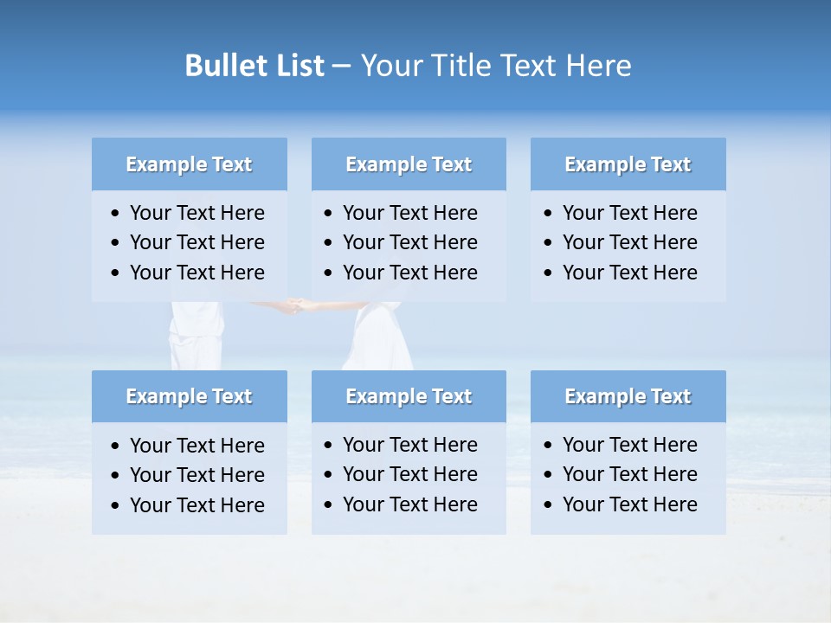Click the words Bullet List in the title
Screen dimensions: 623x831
pyautogui.click(x=254, y=66)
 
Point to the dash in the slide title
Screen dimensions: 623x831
pyautogui.click(x=341, y=66)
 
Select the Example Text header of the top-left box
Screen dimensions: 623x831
pyautogui.click(x=189, y=164)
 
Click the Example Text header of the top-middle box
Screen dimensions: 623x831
pyautogui.click(x=409, y=164)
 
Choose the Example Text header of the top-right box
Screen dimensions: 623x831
pyautogui.click(x=628, y=164)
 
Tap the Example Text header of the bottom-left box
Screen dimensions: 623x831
pyautogui.click(x=189, y=396)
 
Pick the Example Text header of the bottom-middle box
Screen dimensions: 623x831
pyautogui.click(x=409, y=396)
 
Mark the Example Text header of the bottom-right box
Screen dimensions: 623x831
pyautogui.click(x=628, y=396)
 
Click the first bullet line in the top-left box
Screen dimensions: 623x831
pyautogui.click(x=196, y=213)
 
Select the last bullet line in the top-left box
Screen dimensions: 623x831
pyautogui.click(x=196, y=273)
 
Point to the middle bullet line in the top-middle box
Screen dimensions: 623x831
pyautogui.click(x=409, y=242)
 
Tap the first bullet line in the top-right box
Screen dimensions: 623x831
pyautogui.click(x=629, y=213)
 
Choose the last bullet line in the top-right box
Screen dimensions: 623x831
pyautogui.click(x=629, y=273)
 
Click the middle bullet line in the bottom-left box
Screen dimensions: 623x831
pyautogui.click(x=196, y=475)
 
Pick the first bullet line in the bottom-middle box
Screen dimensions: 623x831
pyautogui.click(x=409, y=445)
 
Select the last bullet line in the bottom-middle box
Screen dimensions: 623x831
pyautogui.click(x=409, y=504)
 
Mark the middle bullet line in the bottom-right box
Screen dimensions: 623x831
pyautogui.click(x=629, y=474)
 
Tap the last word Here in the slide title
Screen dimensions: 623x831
pyautogui.click(x=598, y=66)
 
